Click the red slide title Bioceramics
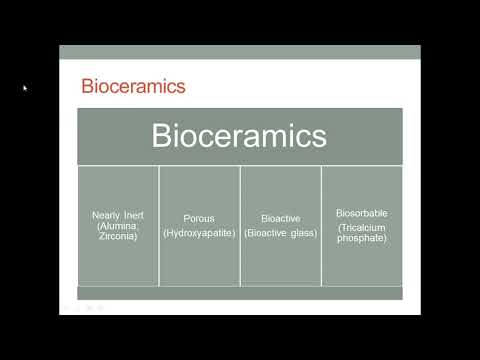coord(133,85)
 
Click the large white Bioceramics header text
coord(240,136)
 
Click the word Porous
coord(199,217)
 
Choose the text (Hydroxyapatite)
coord(199,233)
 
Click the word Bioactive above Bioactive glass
coord(281,217)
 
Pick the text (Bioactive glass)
coord(281,233)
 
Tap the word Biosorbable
coord(362,213)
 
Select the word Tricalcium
coord(363,227)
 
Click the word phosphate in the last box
coord(362,237)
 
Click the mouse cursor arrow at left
coord(25,88)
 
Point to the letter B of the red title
coord(86,85)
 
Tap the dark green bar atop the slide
coord(240,52)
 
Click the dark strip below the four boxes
coord(240,293)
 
